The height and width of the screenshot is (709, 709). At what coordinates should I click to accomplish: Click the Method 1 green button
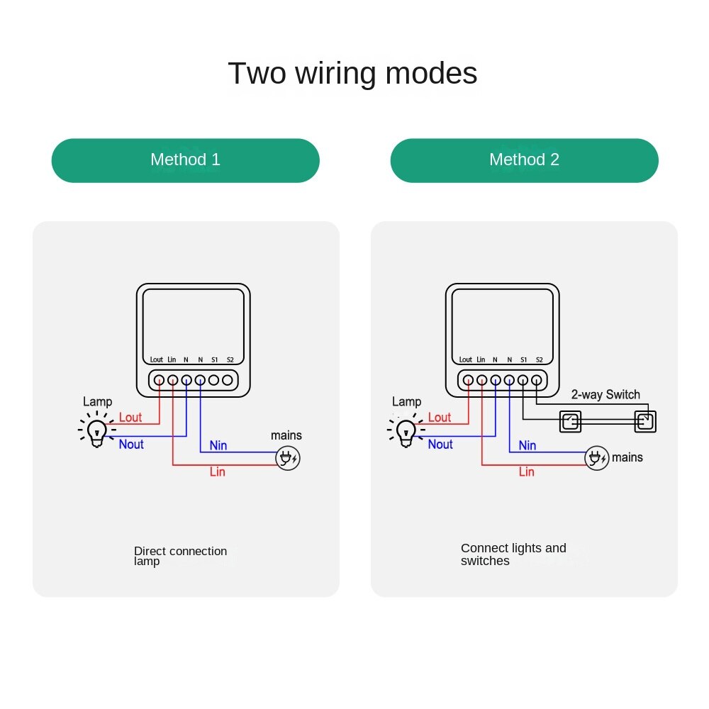(x=185, y=160)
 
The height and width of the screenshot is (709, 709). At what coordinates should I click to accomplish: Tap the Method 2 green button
(x=524, y=160)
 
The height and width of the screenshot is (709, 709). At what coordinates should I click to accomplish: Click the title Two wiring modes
(x=352, y=74)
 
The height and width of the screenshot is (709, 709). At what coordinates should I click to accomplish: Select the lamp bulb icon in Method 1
(x=96, y=430)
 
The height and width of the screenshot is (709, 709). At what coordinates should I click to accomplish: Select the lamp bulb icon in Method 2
(x=406, y=430)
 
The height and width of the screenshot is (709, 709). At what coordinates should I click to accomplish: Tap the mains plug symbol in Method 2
(x=597, y=458)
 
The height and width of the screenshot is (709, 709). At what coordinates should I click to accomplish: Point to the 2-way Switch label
(x=605, y=395)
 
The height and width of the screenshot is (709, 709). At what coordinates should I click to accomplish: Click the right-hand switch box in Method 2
(x=645, y=422)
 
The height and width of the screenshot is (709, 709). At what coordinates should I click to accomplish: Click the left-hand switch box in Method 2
(x=570, y=422)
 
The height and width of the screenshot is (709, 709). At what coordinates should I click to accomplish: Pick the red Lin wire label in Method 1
(x=218, y=471)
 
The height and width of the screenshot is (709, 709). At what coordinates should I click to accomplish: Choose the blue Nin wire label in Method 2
(x=527, y=445)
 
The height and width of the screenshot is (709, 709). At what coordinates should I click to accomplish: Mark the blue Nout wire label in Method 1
(x=131, y=445)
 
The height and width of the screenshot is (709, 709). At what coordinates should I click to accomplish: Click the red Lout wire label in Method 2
(x=440, y=418)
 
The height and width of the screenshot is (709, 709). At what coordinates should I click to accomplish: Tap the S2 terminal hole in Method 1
(x=228, y=380)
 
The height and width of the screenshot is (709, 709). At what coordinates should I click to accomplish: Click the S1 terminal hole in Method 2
(x=523, y=380)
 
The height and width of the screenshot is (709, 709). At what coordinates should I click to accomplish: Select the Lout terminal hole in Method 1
(x=159, y=380)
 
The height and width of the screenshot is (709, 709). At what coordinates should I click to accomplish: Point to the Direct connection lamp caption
(x=180, y=556)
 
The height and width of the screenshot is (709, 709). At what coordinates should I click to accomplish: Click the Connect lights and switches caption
(x=513, y=554)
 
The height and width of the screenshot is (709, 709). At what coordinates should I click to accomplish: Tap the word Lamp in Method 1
(x=97, y=402)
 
